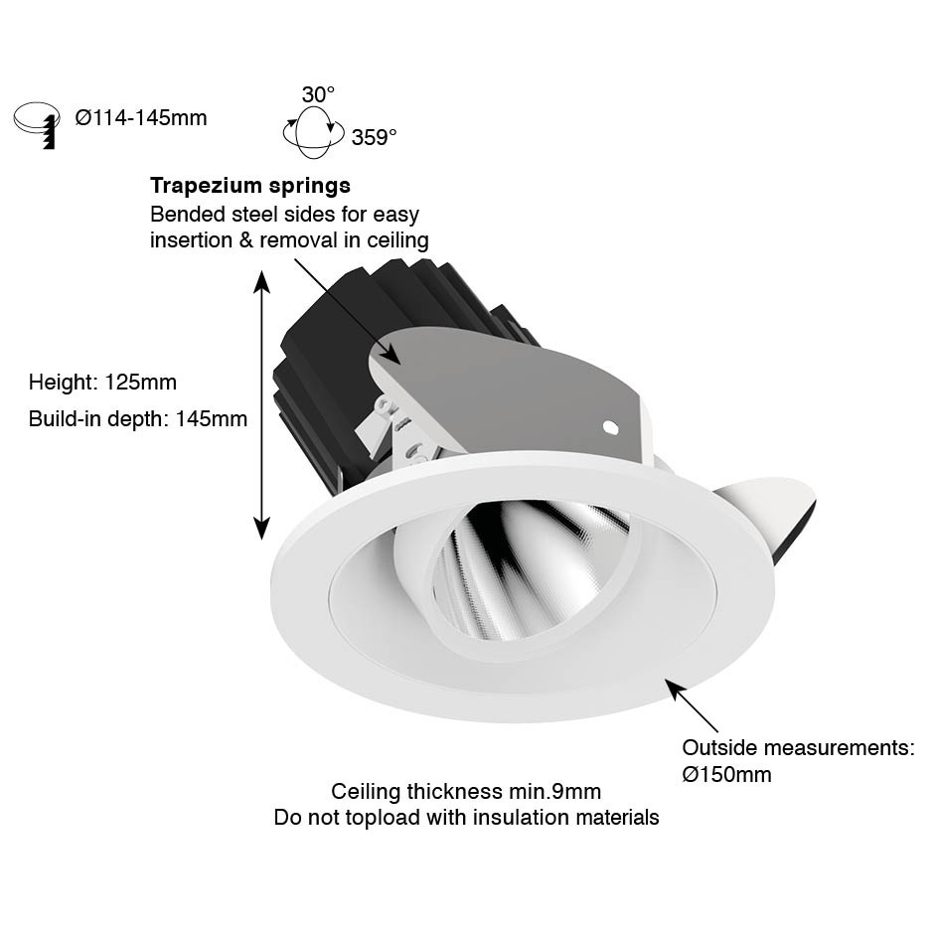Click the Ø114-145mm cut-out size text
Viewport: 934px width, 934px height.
[141, 118]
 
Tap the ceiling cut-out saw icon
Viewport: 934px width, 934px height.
[37, 124]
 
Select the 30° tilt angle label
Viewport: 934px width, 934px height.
[318, 94]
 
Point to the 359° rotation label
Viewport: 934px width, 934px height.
[374, 137]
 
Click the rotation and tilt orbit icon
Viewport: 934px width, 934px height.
[313, 132]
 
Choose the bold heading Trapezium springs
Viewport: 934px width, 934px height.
[250, 185]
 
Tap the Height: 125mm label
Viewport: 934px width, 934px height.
[102, 382]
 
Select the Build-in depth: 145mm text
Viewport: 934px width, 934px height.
[137, 418]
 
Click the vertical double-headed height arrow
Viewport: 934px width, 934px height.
[262, 405]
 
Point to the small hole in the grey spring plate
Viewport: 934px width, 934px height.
[610, 427]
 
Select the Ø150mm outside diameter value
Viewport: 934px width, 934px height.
[726, 774]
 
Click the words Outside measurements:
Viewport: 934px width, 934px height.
[798, 747]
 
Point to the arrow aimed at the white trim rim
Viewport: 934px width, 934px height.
[692, 705]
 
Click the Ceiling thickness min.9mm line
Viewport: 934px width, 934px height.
[466, 792]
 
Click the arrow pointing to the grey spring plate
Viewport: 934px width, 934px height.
[347, 310]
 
